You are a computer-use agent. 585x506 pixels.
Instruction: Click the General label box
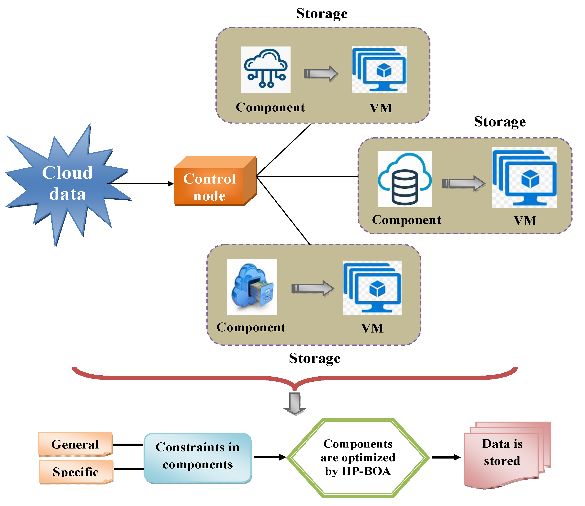(x=75, y=444)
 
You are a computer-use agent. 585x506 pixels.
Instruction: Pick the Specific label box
(x=76, y=472)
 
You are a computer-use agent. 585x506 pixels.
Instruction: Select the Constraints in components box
(x=198, y=458)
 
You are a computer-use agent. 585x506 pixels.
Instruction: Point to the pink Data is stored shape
(x=503, y=455)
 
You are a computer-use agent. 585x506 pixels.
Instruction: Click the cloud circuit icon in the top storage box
(x=266, y=69)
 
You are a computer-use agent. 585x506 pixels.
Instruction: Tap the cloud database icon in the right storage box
(x=405, y=179)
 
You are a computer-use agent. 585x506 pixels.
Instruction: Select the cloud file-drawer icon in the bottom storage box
(x=252, y=287)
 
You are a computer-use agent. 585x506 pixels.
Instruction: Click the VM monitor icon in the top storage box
(x=379, y=69)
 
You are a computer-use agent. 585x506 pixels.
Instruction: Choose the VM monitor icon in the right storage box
(x=524, y=178)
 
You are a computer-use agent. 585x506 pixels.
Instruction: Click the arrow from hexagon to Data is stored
(x=446, y=457)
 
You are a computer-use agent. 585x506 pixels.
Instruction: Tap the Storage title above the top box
(x=322, y=13)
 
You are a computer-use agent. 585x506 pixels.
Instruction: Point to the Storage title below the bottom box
(x=315, y=358)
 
